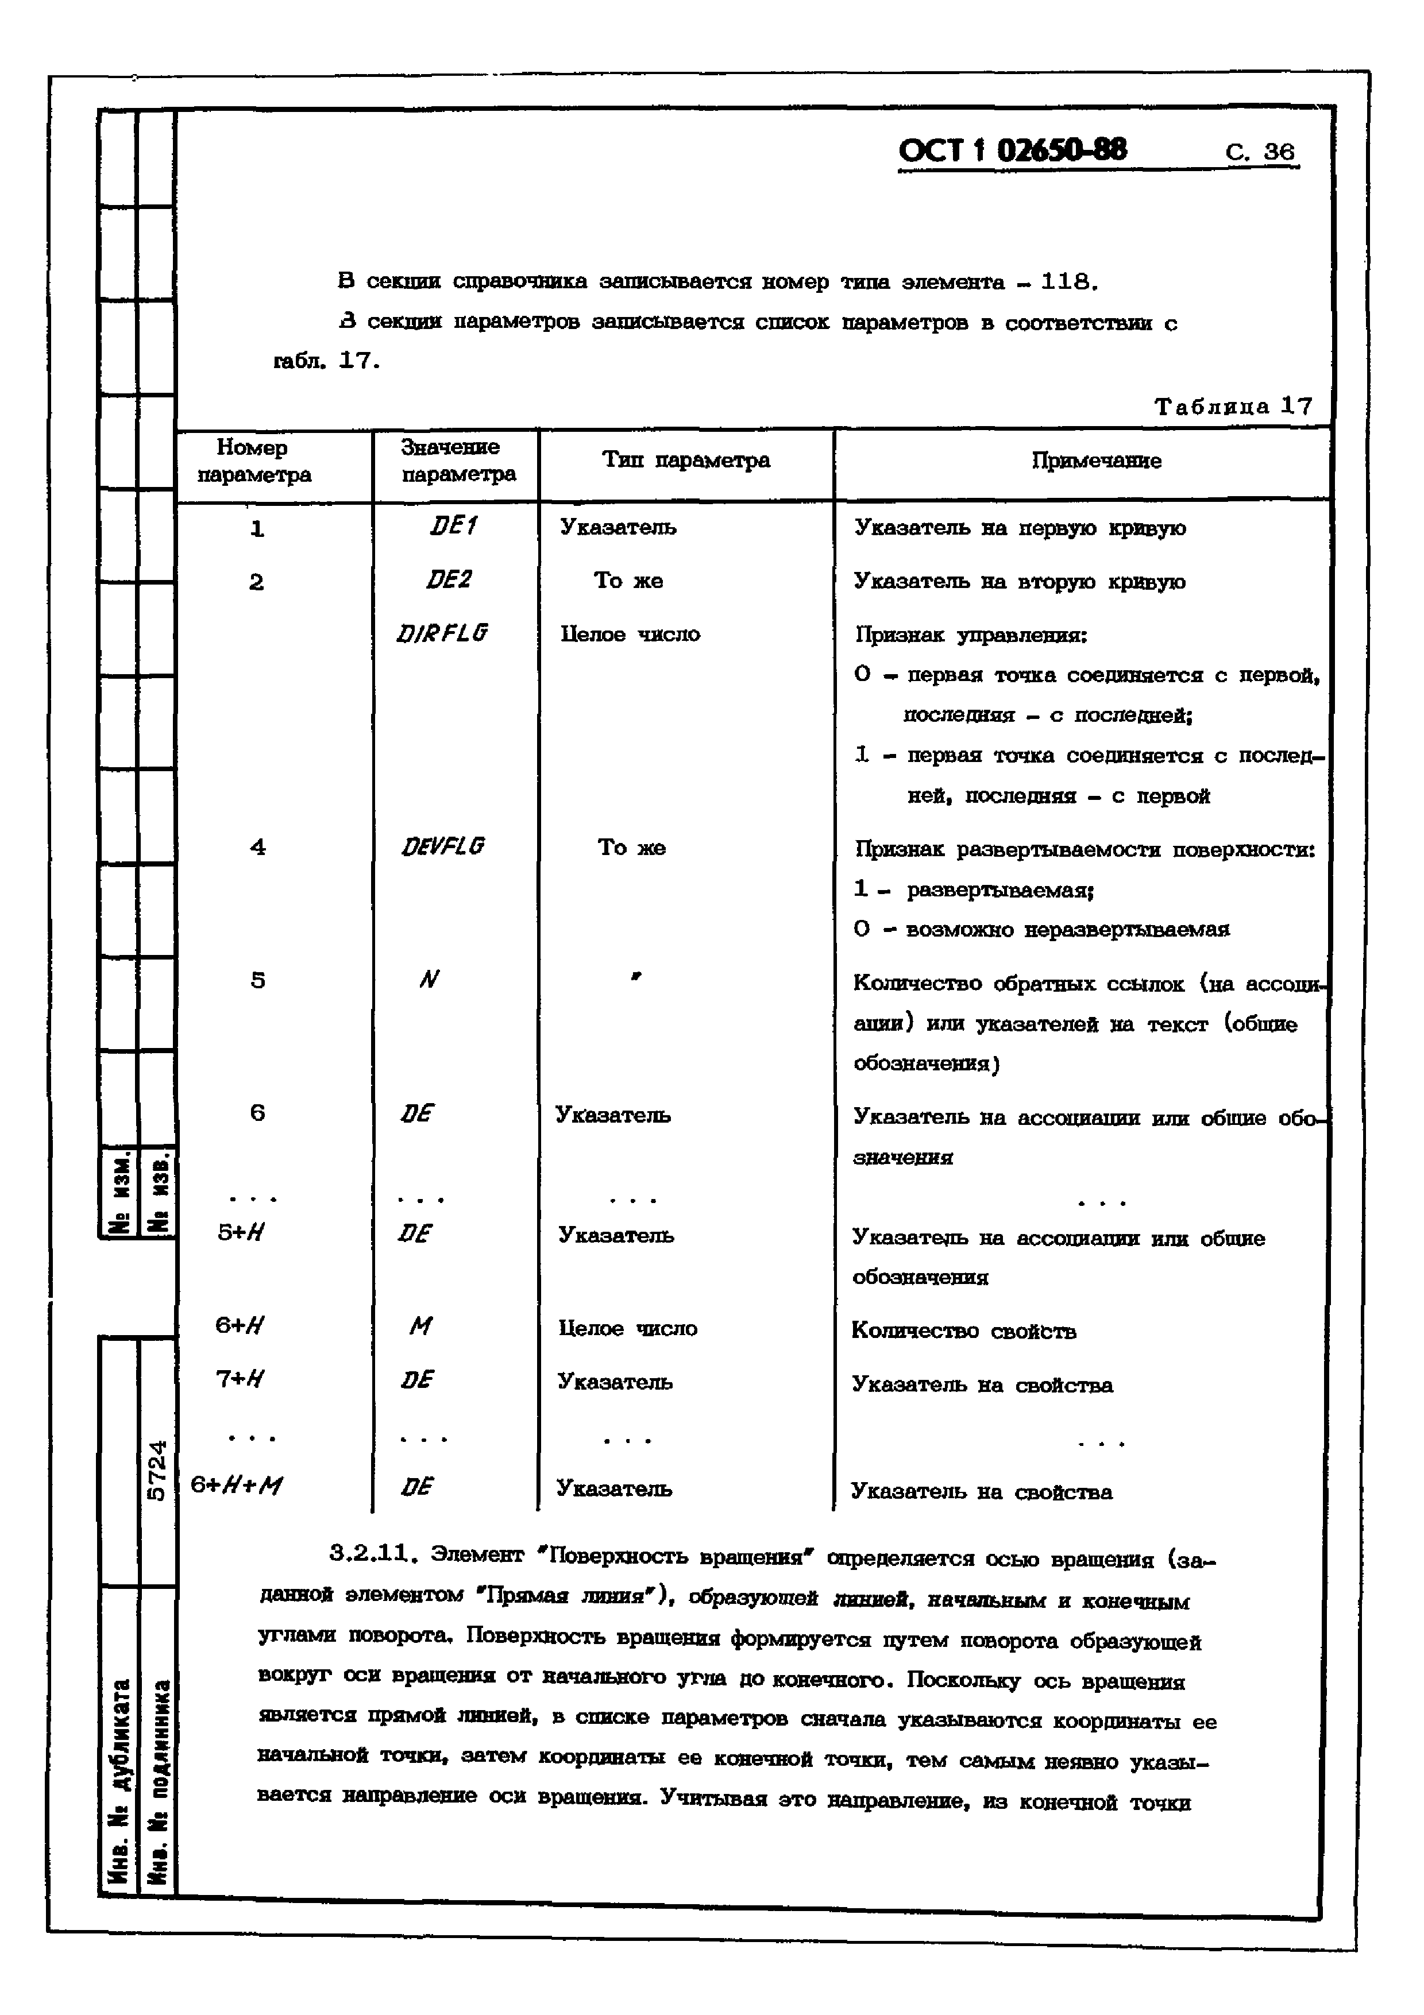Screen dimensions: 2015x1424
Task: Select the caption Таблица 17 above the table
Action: tap(1233, 407)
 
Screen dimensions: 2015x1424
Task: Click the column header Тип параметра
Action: tap(686, 461)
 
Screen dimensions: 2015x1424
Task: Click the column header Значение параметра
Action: tap(457, 461)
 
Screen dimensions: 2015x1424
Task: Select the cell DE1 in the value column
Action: tap(453, 527)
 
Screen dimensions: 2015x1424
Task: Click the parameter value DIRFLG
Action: tap(442, 633)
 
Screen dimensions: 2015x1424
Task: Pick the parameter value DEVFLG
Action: tap(442, 847)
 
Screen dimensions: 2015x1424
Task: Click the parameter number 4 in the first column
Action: tap(257, 848)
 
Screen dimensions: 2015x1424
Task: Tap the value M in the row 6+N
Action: tap(420, 1327)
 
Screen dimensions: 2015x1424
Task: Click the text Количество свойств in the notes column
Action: tap(963, 1331)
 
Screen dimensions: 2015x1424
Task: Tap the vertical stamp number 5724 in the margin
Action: tap(156, 1470)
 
